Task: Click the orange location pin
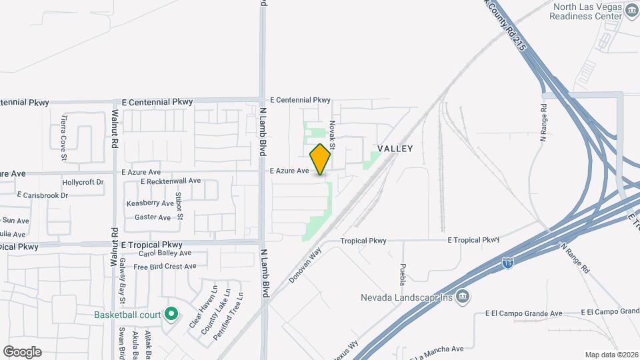(320, 159)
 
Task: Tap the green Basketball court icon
(171, 313)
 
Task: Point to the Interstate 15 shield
(508, 263)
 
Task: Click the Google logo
(22, 351)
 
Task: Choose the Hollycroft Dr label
(83, 182)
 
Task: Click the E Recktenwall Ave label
(171, 181)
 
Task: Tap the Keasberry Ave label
(150, 203)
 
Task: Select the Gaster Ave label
(153, 217)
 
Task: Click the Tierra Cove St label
(64, 137)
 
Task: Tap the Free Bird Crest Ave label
(165, 267)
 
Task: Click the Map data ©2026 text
(611, 355)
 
